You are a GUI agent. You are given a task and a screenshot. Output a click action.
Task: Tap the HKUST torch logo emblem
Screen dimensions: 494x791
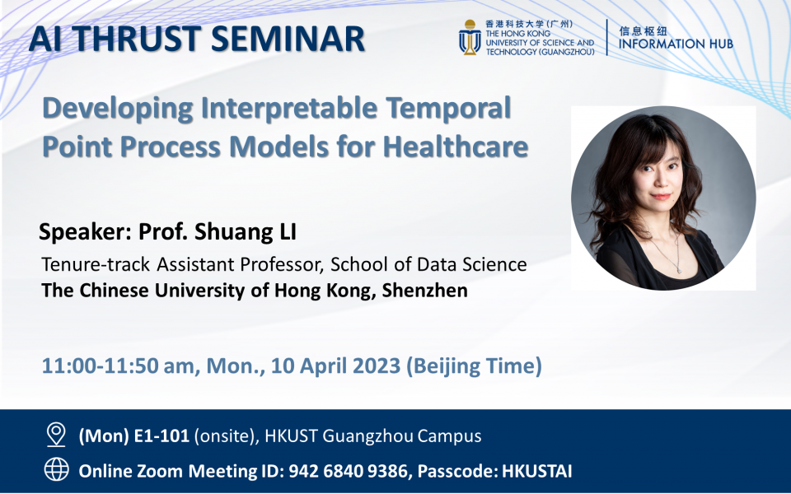pyautogui.click(x=470, y=38)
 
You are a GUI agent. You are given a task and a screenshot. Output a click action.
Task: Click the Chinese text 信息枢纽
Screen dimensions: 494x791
pyautogui.click(x=643, y=27)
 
